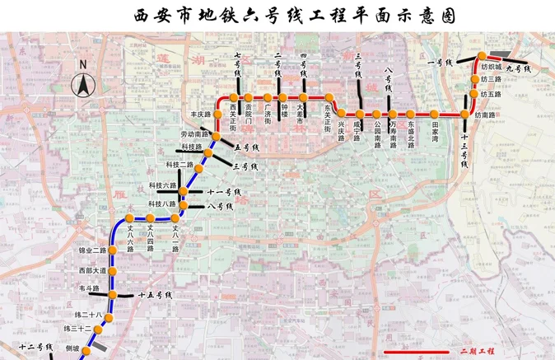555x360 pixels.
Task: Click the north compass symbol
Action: (82, 82)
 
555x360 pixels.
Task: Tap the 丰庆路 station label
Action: (201, 115)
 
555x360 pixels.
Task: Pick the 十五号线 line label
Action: (154, 294)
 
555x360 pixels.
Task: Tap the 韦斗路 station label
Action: (89, 288)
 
